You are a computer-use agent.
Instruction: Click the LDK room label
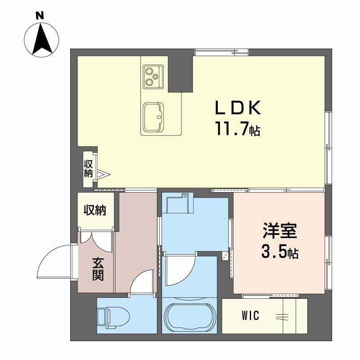(x=238, y=108)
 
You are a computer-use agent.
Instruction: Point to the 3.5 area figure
(x=274, y=252)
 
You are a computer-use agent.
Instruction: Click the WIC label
(x=250, y=315)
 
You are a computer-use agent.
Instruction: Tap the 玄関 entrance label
(x=98, y=269)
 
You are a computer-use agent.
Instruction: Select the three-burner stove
(x=153, y=76)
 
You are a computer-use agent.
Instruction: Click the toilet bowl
(x=113, y=317)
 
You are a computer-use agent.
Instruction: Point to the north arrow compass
(x=41, y=40)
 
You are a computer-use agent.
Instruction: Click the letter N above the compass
(x=40, y=16)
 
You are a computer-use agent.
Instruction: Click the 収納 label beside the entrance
(x=95, y=210)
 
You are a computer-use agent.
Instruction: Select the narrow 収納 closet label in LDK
(x=88, y=169)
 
